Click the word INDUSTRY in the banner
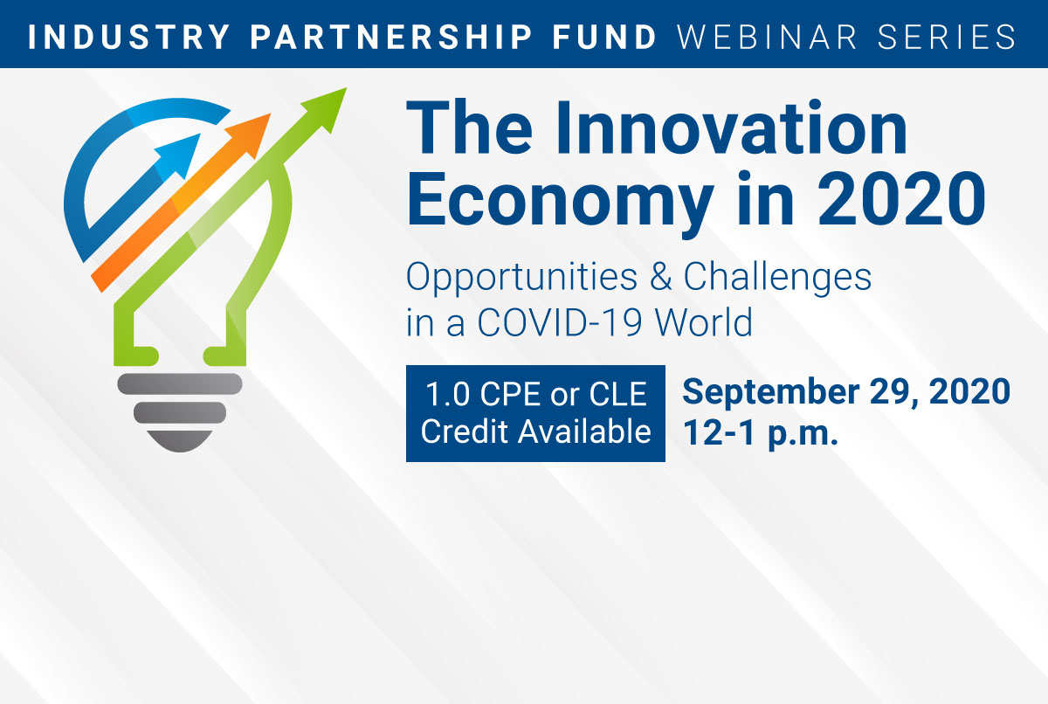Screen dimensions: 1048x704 point(129,37)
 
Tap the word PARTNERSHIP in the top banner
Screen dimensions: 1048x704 point(391,37)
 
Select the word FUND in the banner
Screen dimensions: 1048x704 point(605,37)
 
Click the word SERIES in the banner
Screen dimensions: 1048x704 point(947,37)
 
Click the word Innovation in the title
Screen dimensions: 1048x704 point(732,128)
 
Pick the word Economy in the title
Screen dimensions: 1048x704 point(560,201)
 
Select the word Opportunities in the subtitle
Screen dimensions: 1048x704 point(521,279)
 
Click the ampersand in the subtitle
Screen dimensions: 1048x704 point(660,276)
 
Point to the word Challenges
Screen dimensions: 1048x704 point(777,279)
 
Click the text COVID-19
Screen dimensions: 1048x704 point(560,322)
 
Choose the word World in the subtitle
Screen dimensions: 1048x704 point(703,321)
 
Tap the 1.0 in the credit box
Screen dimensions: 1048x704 point(447,394)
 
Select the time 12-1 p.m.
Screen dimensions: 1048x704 point(761,433)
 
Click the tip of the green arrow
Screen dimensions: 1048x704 point(346,88)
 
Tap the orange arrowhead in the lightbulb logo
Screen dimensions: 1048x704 point(252,133)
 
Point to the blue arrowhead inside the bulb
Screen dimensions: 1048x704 point(181,154)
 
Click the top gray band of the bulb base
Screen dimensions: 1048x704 point(180,384)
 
